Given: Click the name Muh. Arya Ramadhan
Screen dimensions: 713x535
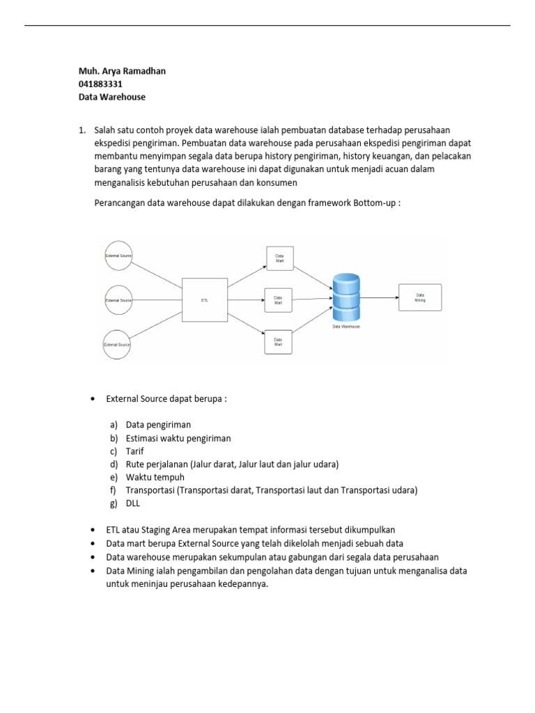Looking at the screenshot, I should [x=122, y=71].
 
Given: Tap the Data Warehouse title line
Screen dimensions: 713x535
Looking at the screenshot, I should [x=112, y=97].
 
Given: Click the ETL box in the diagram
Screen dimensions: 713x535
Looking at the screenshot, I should [x=205, y=300].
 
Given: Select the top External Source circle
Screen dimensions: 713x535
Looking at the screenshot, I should [x=118, y=256].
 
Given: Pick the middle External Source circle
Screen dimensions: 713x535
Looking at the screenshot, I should [x=118, y=300].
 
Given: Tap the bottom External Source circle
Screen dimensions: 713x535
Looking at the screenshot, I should [x=117, y=344].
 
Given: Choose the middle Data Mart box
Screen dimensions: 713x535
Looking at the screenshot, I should [x=278, y=300].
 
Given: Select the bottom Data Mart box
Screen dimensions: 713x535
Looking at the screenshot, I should [x=278, y=342].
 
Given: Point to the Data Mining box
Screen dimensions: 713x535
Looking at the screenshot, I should [x=420, y=297].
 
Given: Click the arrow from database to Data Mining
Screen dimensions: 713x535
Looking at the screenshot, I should [x=380, y=297].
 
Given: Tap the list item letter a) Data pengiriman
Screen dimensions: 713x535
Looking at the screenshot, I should [x=114, y=425].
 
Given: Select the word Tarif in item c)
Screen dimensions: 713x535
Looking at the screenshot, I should [x=135, y=451].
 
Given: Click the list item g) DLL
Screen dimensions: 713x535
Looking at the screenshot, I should [x=133, y=503].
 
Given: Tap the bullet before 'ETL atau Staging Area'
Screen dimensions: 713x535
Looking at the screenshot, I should [x=93, y=531].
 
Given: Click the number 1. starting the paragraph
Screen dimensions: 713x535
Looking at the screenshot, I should [x=82, y=130].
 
